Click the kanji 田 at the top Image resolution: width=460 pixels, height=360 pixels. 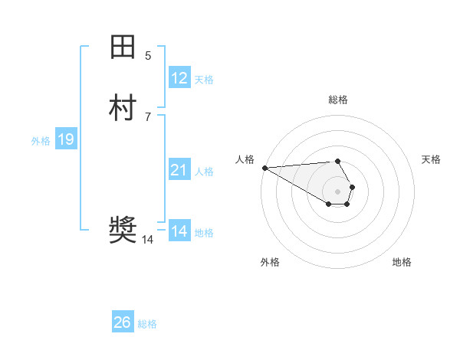coord(123,47)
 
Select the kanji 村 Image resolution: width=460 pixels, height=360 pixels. coord(123,107)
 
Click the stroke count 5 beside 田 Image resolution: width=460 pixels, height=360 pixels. coord(148,56)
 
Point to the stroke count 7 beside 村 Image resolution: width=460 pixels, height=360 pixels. coord(148,116)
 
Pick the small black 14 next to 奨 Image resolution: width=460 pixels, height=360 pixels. coord(147,240)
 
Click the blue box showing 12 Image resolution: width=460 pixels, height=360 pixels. coord(179,78)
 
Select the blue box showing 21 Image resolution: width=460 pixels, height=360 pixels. coord(179,170)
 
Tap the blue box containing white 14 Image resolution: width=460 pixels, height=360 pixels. coord(179,231)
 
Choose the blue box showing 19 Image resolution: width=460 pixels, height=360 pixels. coord(66,139)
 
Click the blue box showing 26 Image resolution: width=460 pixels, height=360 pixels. coord(123,322)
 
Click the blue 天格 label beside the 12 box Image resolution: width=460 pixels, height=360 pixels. coord(204,80)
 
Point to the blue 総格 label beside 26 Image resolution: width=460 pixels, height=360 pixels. coord(147,324)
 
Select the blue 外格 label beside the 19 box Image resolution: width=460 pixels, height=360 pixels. coord(41,141)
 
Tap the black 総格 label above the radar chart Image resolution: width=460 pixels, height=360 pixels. coord(338,100)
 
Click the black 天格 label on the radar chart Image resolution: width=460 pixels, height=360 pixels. coord(431,159)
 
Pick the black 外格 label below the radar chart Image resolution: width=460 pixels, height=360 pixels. coord(270,262)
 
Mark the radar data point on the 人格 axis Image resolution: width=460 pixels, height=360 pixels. coord(264,168)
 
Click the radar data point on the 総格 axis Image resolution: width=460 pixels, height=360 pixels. coord(338,161)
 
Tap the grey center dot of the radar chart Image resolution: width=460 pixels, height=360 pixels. coord(338,191)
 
